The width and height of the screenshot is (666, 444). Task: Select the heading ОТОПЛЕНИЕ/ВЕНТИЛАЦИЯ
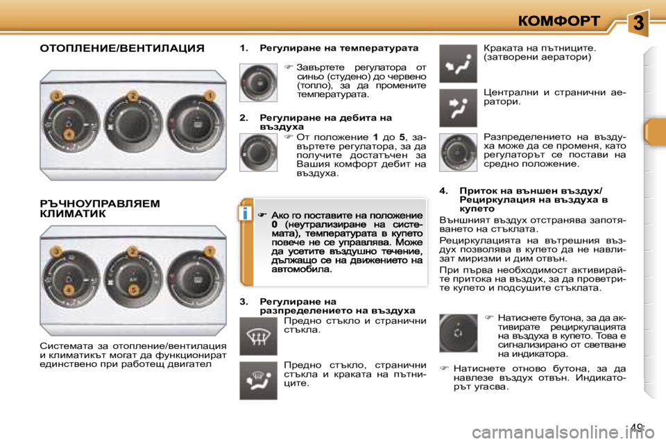tap(121, 49)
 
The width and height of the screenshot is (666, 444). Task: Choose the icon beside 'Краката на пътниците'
tap(458, 64)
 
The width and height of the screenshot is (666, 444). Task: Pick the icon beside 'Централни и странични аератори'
tap(458, 108)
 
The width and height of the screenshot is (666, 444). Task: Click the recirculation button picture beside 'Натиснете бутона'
tap(458, 333)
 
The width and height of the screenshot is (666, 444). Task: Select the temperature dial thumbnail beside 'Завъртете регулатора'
tap(258, 83)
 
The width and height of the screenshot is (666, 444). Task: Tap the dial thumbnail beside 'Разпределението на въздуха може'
tap(458, 152)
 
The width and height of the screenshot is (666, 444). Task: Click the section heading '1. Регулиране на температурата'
tap(329, 49)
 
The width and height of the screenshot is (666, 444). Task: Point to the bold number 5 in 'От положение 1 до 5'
tap(403, 138)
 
